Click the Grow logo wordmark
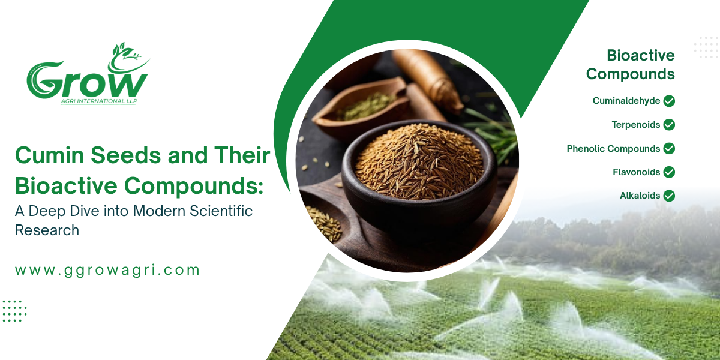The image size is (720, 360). [87, 80]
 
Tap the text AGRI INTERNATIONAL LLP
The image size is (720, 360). [99, 101]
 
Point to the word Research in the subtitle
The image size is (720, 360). [47, 230]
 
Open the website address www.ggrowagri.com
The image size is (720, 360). [107, 271]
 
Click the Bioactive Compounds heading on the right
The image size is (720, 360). [631, 65]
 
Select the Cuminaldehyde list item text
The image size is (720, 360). [626, 101]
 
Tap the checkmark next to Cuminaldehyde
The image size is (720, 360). [669, 101]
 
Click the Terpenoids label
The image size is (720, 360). [636, 125]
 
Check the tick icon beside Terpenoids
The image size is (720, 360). [669, 125]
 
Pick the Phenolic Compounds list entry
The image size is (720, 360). [613, 149]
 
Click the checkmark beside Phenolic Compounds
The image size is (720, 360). [669, 149]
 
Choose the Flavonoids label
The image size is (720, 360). [637, 172]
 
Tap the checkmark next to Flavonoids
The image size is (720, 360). [669, 172]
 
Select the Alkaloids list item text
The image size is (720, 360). [640, 196]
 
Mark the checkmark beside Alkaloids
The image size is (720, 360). [669, 196]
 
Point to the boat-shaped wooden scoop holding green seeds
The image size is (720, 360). [360, 107]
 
